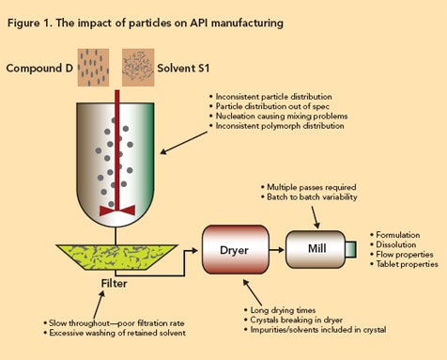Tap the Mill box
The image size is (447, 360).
click(318, 251)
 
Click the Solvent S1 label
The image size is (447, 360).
click(199, 68)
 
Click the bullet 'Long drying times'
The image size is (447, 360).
click(283, 309)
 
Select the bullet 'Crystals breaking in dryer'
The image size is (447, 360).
click(295, 320)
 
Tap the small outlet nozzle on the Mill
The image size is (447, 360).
click(352, 251)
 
